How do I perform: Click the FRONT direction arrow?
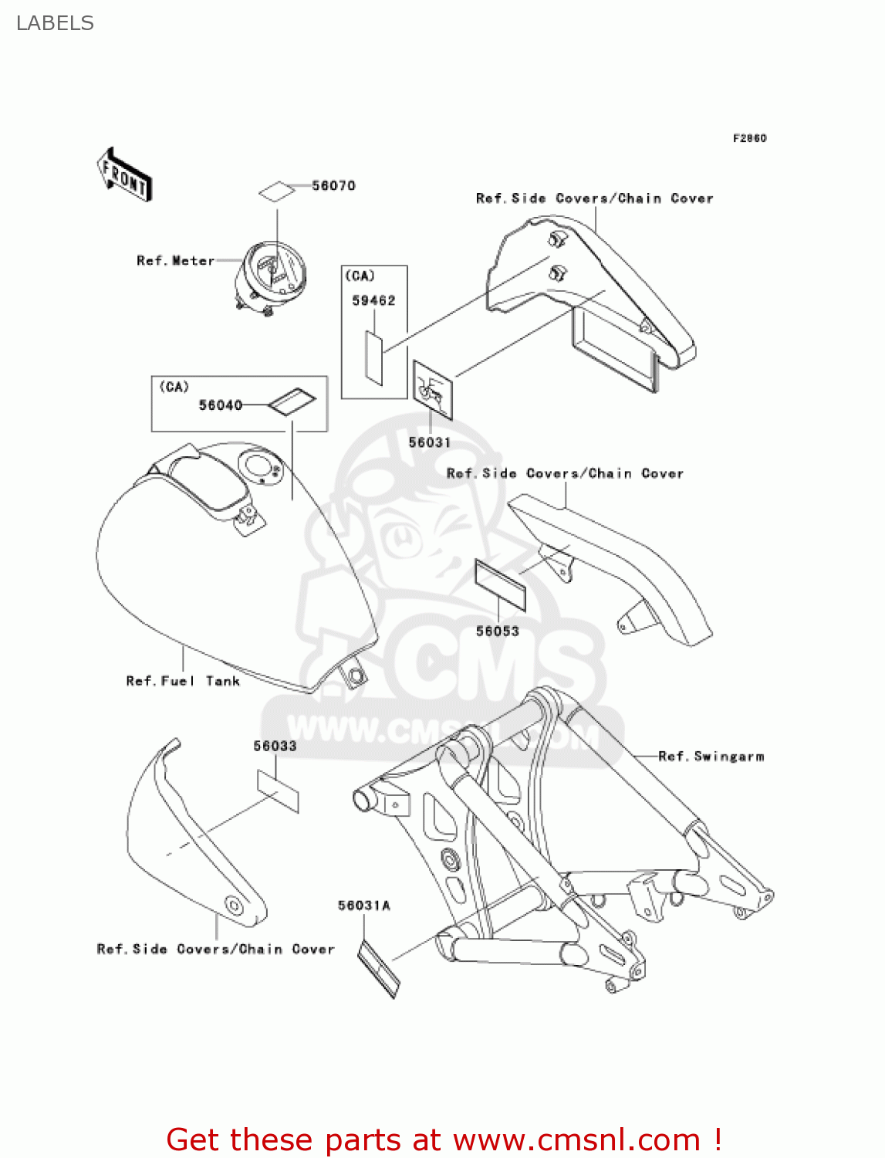click(124, 175)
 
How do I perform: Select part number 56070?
click(333, 185)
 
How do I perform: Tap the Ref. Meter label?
click(175, 261)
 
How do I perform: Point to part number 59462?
click(373, 300)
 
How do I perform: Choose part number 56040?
click(220, 405)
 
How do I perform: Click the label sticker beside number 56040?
click(292, 401)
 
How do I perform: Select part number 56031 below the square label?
click(429, 442)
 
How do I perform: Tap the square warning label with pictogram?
click(432, 390)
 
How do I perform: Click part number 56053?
click(497, 631)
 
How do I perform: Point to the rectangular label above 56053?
click(500, 586)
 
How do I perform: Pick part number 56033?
click(275, 746)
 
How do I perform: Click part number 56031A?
click(364, 905)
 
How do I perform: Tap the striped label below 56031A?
click(380, 968)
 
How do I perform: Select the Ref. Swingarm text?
click(711, 757)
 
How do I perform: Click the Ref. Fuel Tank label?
click(183, 681)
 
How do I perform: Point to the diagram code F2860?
click(749, 138)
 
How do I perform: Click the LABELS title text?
click(55, 23)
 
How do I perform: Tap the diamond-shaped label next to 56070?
click(276, 191)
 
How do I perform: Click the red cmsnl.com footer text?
click(444, 1139)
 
